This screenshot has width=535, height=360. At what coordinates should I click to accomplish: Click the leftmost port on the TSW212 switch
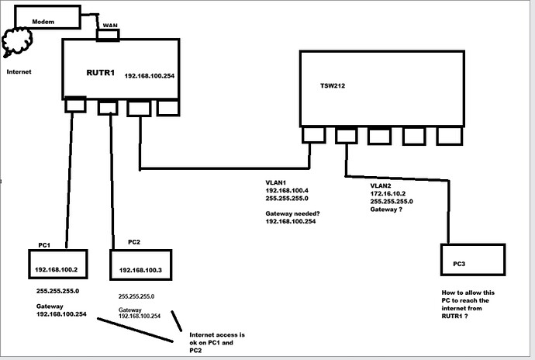click(x=313, y=134)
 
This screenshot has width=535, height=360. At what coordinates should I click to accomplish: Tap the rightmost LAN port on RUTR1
click(x=167, y=108)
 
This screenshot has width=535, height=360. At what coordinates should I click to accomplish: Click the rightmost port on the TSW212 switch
click(x=448, y=135)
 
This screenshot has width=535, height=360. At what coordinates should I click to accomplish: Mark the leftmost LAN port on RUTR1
click(x=75, y=105)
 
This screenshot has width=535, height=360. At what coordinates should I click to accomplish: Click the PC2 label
click(x=133, y=242)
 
